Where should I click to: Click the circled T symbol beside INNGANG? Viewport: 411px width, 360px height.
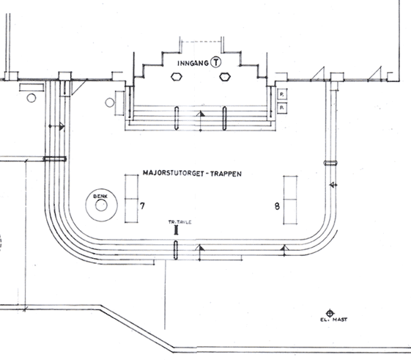coord(216,62)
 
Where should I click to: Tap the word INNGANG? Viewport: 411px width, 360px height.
coord(193,63)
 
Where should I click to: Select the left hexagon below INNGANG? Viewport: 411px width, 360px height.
coord(177,77)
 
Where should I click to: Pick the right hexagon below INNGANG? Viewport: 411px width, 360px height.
coord(225,77)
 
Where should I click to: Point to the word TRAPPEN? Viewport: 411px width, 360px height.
coord(226,174)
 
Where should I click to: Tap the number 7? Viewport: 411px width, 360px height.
coord(142,206)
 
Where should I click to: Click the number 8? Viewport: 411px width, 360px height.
coord(277,206)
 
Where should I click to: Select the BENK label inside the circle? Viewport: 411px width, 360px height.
coord(100,196)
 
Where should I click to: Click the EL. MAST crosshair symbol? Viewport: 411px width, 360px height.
coord(330,313)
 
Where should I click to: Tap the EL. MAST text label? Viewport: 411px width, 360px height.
coord(333,320)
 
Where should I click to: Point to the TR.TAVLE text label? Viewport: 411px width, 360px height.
coord(179,222)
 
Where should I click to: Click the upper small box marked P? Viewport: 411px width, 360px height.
coord(282,94)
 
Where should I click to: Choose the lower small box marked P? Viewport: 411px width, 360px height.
coord(282,108)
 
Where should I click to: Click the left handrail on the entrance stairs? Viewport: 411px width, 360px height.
coord(177,118)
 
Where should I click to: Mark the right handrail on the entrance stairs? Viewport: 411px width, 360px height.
coord(225,118)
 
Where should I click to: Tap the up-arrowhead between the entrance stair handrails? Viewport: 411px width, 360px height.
coord(201,114)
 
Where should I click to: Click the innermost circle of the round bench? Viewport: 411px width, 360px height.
coord(101,205)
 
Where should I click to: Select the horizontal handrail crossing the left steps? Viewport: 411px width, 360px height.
coord(55,159)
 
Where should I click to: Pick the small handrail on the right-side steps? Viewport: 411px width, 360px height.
coord(330,163)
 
